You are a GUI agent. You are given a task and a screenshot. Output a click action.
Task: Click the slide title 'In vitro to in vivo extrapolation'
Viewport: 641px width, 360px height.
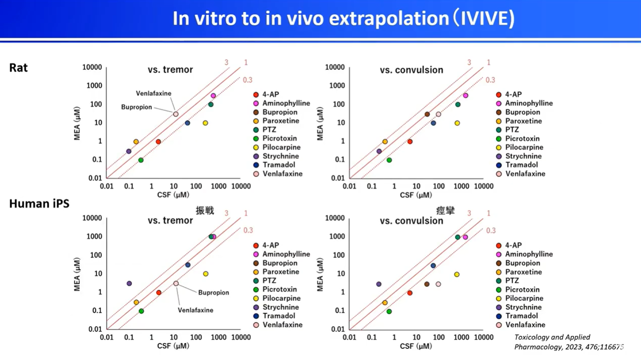343,18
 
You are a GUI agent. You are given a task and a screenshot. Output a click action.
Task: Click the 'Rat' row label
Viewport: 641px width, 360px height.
18,67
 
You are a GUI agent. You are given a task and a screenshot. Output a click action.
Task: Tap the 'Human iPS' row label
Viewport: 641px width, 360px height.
39,204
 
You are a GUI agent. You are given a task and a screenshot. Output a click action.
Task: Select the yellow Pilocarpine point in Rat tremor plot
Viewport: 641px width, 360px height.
205,123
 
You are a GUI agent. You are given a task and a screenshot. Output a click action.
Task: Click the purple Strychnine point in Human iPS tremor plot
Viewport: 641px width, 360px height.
129,283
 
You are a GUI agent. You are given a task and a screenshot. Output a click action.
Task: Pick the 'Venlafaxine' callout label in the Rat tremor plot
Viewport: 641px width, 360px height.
153,94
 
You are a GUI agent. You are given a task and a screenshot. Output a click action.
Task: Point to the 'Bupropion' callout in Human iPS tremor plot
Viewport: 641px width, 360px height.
214,293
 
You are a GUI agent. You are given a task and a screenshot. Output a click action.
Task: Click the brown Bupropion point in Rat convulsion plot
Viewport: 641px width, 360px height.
427,115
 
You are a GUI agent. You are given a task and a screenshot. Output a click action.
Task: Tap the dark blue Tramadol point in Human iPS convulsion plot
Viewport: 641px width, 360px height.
433,266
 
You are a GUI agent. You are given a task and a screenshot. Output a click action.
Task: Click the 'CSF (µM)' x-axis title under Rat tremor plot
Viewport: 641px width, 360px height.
173,195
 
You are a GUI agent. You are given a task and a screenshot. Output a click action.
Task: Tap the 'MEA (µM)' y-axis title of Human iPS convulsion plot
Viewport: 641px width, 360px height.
320,275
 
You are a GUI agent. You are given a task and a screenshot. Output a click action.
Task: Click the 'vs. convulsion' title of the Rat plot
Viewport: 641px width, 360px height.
411,70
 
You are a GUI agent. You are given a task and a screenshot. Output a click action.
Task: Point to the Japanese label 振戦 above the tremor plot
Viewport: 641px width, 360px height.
204,211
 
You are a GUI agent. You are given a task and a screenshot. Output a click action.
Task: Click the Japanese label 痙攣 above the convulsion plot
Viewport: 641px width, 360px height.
445,211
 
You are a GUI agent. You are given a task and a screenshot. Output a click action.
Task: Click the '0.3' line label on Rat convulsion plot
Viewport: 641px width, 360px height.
490,80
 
